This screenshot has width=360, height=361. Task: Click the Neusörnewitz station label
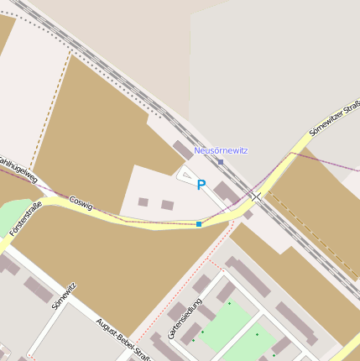click(x=221, y=150)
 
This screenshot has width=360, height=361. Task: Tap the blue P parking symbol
click(x=201, y=185)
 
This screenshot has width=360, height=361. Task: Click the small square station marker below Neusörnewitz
click(x=221, y=161)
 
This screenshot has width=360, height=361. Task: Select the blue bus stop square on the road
click(x=199, y=224)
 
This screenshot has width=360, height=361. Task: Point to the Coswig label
click(x=81, y=202)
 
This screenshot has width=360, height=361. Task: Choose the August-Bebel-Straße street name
click(x=123, y=339)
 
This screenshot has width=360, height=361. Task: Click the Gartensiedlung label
click(x=185, y=318)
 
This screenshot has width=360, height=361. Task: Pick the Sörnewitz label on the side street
click(x=64, y=296)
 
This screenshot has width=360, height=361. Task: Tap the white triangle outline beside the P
click(x=185, y=174)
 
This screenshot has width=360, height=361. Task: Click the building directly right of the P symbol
click(x=226, y=192)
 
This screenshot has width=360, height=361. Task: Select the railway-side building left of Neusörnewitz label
click(x=183, y=149)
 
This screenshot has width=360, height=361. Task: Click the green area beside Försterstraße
click(x=13, y=214)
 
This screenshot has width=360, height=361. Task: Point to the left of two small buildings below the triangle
click(x=143, y=202)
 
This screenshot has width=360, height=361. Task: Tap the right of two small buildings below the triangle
click(x=167, y=205)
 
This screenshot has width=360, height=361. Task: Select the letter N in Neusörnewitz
click(x=197, y=150)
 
